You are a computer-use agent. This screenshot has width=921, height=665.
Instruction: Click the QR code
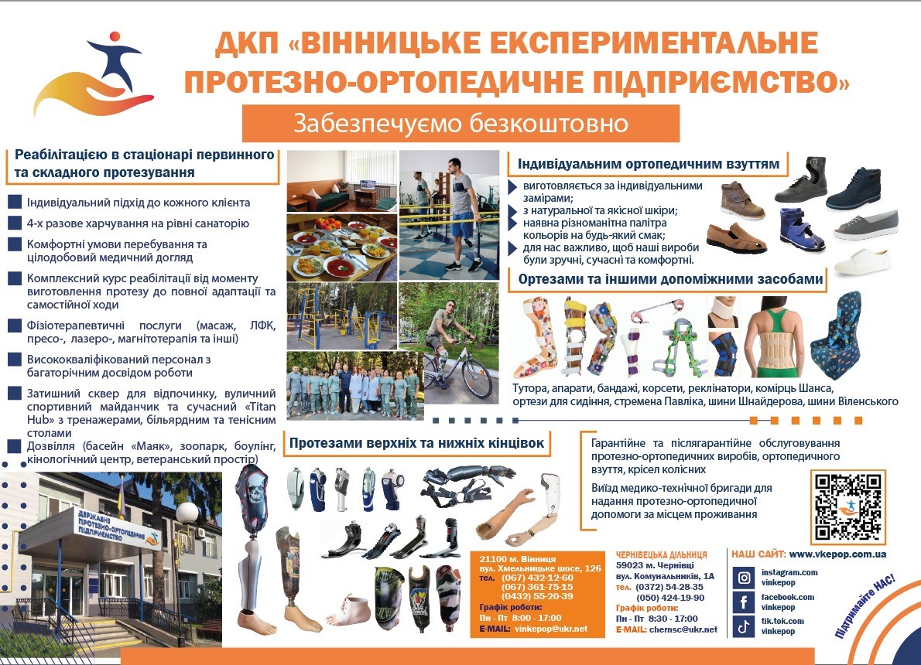coord(848,506)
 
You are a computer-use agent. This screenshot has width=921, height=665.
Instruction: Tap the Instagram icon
coord(744,578)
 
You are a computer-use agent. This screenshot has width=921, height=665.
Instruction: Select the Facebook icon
coord(744,602)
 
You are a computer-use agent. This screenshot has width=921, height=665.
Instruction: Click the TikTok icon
coord(744,626)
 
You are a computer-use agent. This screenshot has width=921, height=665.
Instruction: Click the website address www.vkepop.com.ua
coord(837,554)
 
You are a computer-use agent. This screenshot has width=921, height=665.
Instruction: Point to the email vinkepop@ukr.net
coord(551,629)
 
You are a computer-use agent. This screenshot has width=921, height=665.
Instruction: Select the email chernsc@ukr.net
coord(683,629)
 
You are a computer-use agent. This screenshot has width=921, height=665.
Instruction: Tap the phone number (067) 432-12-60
coord(537,578)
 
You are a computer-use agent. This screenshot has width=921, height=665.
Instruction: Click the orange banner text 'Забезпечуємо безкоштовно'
coord(460,124)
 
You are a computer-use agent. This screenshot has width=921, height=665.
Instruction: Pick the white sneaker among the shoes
coord(861,262)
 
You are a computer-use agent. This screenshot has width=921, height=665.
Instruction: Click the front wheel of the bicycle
coord(476,379)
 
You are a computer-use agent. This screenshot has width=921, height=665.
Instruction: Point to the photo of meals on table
coord(342,247)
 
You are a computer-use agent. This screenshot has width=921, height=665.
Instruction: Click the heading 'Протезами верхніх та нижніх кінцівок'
coord(416,442)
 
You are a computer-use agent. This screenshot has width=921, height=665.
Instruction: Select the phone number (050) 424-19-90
coord(670,598)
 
